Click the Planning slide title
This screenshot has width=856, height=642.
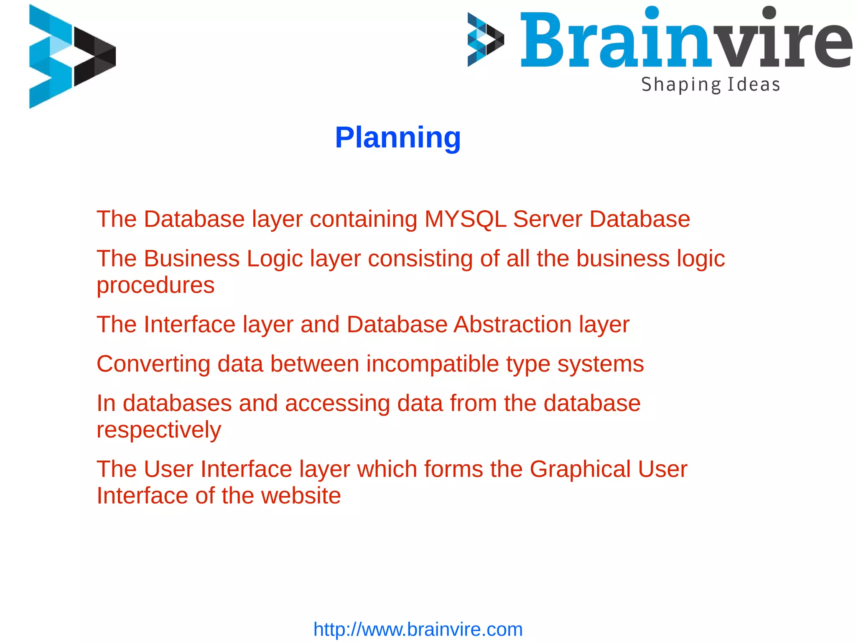click(x=397, y=138)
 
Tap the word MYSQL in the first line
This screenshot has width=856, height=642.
click(x=465, y=219)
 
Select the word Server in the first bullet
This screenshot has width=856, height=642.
click(x=548, y=219)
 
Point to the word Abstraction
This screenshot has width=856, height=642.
click(x=512, y=325)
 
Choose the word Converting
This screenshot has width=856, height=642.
click(x=153, y=364)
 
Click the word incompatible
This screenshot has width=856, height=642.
click(x=433, y=364)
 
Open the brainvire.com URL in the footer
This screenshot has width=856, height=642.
click(x=418, y=629)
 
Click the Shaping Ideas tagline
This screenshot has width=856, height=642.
click(x=711, y=85)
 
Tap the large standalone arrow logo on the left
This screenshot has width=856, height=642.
click(x=71, y=56)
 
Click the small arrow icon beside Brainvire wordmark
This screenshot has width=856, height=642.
click(x=485, y=40)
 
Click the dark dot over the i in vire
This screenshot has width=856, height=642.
click(x=769, y=13)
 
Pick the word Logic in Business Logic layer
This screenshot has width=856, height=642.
click(x=275, y=259)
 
